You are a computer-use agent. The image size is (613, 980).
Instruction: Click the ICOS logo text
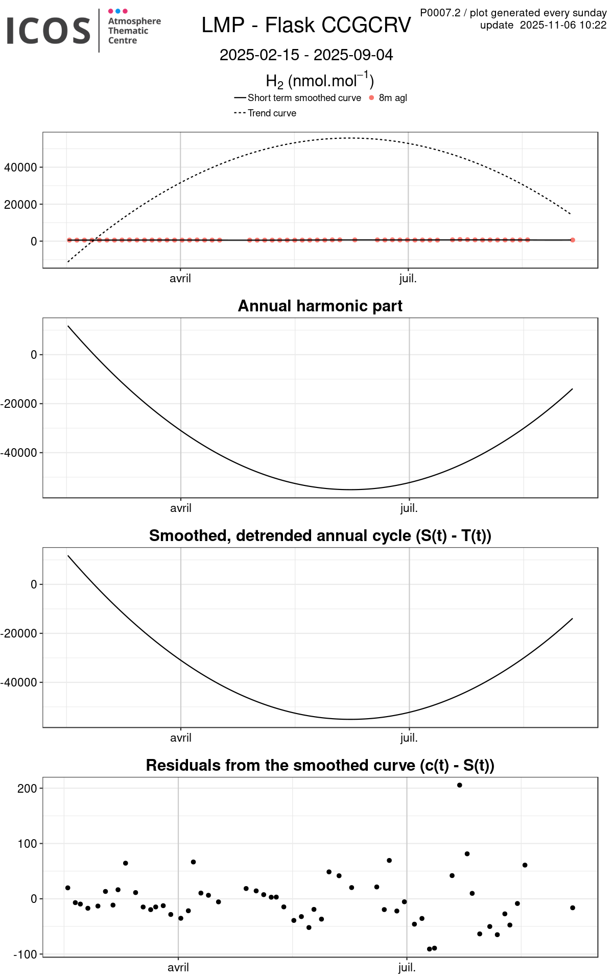pos(49,31)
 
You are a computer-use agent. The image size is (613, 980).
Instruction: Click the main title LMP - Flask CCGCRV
pos(306,25)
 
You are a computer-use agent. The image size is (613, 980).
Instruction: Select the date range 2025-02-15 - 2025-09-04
pos(306,55)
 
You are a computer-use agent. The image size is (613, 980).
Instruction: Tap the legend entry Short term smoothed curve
pos(304,98)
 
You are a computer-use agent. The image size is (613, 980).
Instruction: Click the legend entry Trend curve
pos(272,113)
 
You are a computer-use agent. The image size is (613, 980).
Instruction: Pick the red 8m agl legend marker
pos(371,98)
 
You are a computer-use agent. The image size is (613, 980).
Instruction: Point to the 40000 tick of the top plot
pos(20,167)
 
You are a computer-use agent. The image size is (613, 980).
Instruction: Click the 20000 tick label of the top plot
pos(20,205)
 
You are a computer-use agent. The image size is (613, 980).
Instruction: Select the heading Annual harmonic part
pos(320,306)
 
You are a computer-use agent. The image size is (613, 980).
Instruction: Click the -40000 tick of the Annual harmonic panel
pos(19,453)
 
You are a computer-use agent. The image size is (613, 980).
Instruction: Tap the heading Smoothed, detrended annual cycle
pos(320,535)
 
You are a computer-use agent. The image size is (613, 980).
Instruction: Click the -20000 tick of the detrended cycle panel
pos(19,633)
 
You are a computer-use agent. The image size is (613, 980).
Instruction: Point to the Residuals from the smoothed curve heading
pos(320,765)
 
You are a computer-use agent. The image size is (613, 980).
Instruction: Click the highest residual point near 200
pos(460,785)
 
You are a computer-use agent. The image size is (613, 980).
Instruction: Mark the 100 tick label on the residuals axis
pos(28,844)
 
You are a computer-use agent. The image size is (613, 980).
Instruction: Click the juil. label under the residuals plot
pos(407,967)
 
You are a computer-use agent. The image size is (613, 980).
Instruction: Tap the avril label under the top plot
pos(180,279)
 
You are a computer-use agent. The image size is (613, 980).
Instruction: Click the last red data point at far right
pos(573,240)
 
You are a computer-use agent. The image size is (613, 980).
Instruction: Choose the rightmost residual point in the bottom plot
pos(573,908)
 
